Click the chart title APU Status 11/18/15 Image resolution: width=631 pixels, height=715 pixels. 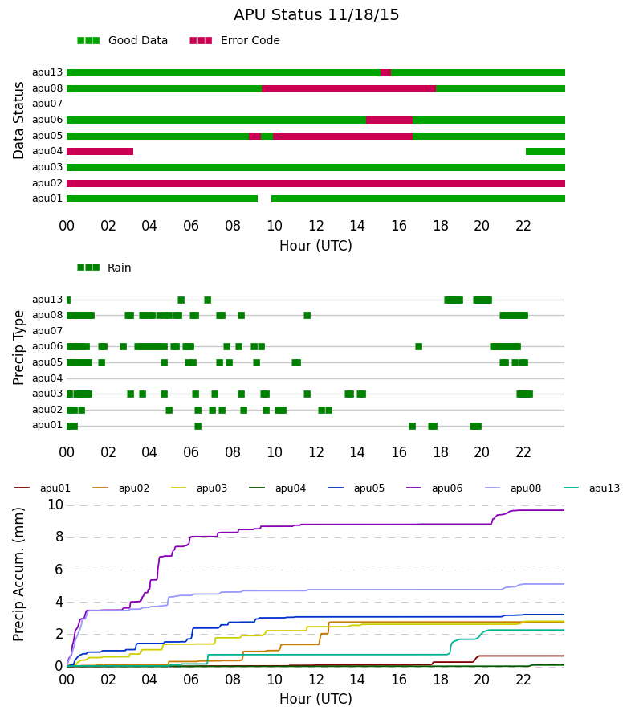pyautogui.click(x=316, y=15)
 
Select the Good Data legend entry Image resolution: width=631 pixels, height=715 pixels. pyautogui.click(x=123, y=41)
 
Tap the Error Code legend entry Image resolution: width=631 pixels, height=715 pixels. pyautogui.click(x=234, y=41)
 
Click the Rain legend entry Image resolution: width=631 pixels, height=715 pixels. pyautogui.click(x=104, y=268)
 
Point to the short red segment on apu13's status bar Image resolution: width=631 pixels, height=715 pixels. pyautogui.click(x=385, y=73)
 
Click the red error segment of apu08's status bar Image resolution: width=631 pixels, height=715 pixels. pyautogui.click(x=349, y=89)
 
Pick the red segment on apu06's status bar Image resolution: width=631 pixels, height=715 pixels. pyautogui.click(x=389, y=121)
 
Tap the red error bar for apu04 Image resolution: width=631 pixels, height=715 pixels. pyautogui.click(x=100, y=151)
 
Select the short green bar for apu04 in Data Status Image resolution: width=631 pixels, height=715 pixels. pyautogui.click(x=545, y=151)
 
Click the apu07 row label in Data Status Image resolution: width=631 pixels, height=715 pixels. pyautogui.click(x=47, y=104)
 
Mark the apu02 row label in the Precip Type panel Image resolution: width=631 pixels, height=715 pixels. pyautogui.click(x=47, y=410)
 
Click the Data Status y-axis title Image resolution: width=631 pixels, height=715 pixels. pyautogui.click(x=18, y=121)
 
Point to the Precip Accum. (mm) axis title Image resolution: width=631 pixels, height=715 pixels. pyautogui.click(x=18, y=574)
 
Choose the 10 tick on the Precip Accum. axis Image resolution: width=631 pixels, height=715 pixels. pyautogui.click(x=55, y=505)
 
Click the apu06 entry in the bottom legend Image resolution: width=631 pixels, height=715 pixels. pyautogui.click(x=434, y=488)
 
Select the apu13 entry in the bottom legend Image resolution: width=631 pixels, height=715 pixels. pyautogui.click(x=592, y=488)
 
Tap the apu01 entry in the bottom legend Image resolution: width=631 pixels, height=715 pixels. pyautogui.click(x=43, y=488)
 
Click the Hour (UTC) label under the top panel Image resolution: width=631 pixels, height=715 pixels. pyautogui.click(x=315, y=246)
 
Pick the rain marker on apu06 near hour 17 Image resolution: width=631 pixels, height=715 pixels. pyautogui.click(x=419, y=347)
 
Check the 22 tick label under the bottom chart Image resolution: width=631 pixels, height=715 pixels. pyautogui.click(x=523, y=680)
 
